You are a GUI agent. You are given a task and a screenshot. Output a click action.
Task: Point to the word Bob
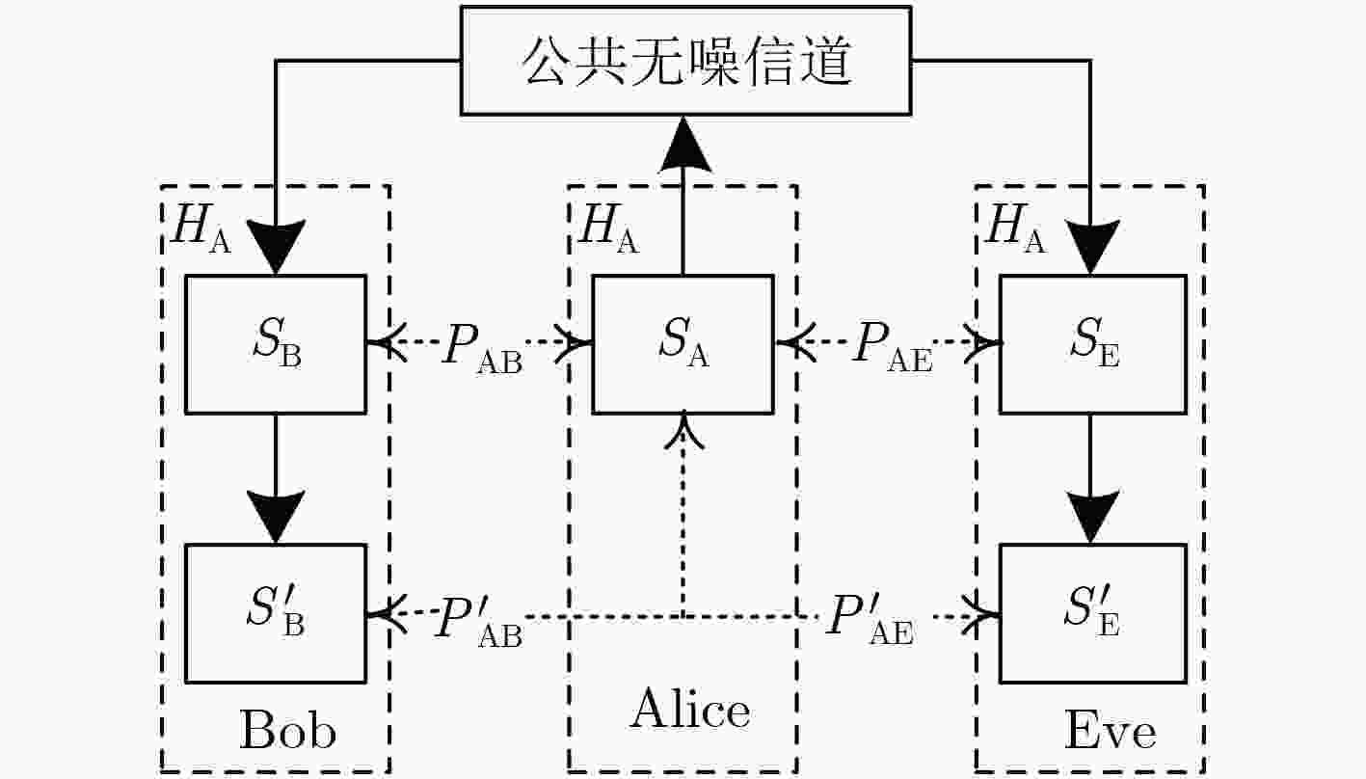287,730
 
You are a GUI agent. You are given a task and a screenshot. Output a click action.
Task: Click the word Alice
689,709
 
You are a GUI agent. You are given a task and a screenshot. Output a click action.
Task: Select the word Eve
1110,730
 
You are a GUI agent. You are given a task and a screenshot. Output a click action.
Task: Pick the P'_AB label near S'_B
479,622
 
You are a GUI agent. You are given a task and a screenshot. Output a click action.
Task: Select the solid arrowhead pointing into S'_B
276,516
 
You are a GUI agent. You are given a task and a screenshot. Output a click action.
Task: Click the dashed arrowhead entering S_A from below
684,431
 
